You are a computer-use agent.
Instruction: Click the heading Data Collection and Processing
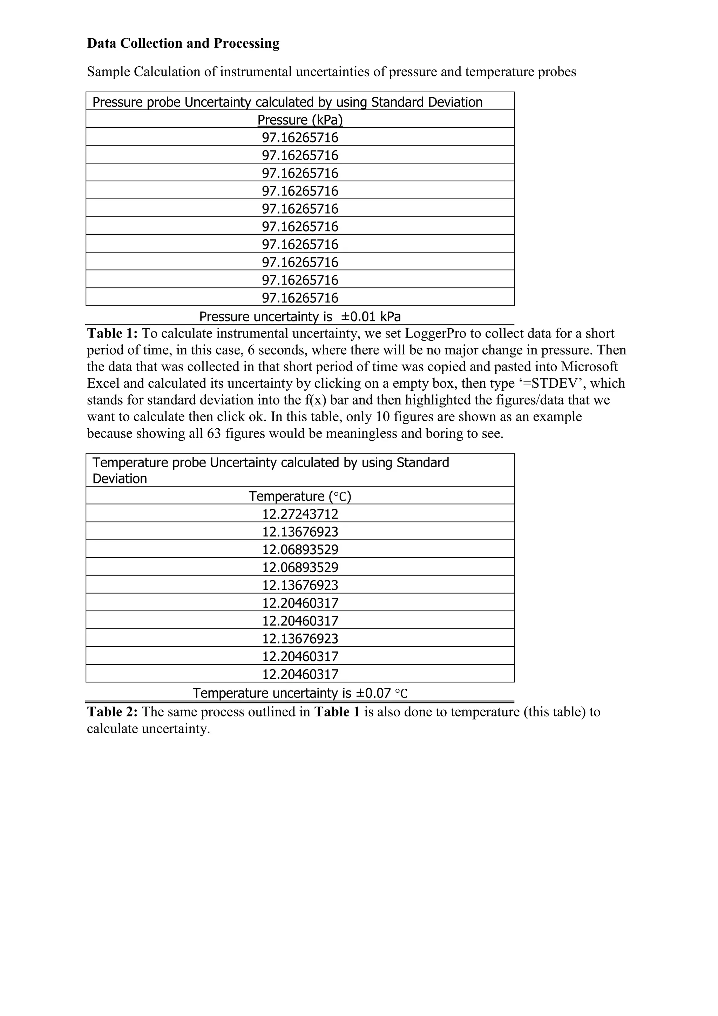pos(183,44)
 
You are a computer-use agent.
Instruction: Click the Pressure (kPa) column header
pos(300,120)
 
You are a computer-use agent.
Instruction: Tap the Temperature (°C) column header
pos(300,496)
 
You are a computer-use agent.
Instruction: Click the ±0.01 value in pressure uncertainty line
pos(359,316)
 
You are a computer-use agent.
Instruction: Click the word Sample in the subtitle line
pos(108,72)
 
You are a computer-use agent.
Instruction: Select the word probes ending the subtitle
pos(556,72)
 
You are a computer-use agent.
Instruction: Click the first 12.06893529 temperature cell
pos(300,550)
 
